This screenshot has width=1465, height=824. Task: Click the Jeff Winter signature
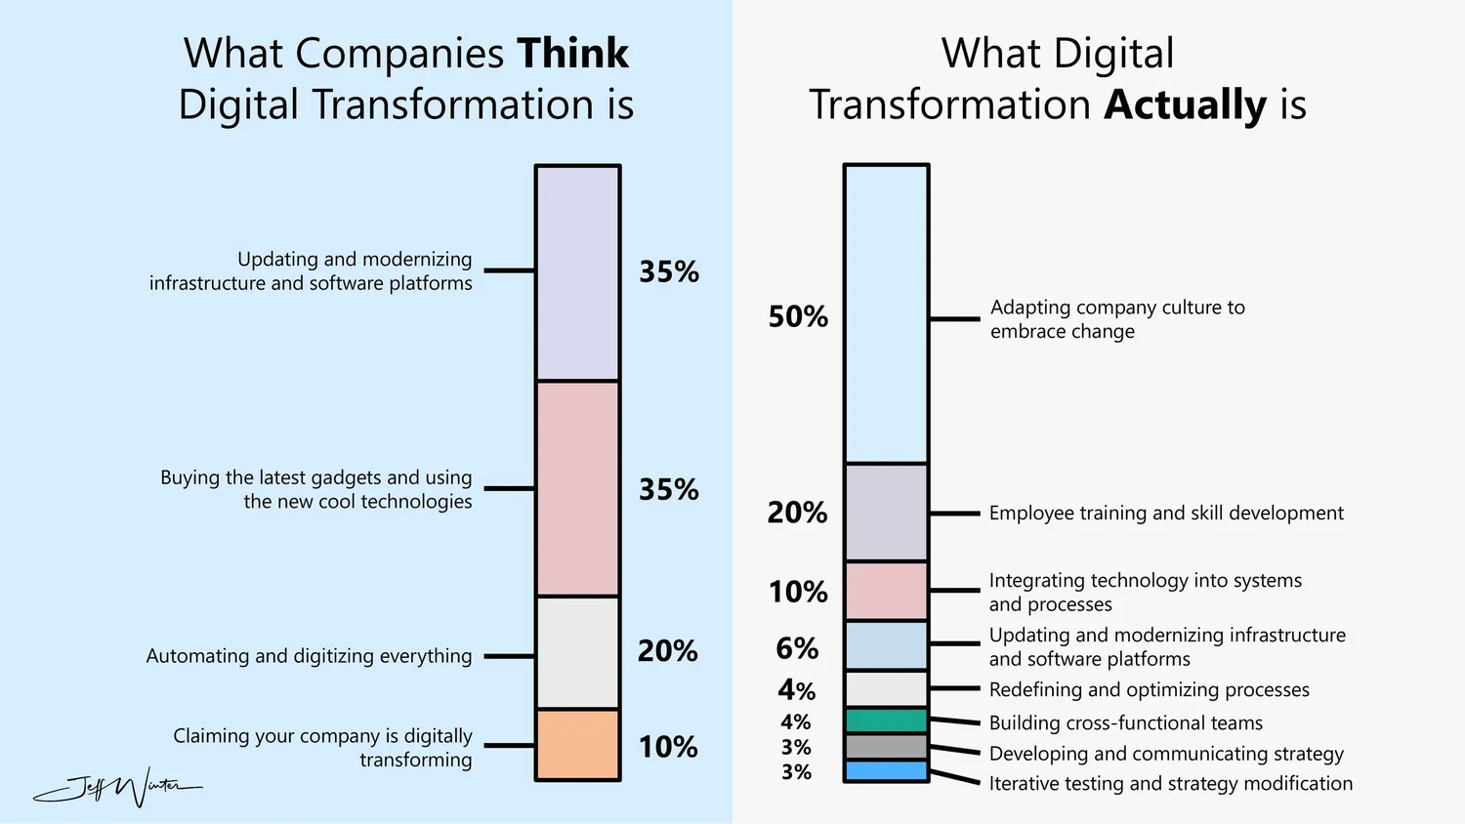pos(117,787)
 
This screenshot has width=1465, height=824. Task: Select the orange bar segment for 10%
pos(577,745)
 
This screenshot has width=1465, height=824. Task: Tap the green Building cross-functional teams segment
pos(886,721)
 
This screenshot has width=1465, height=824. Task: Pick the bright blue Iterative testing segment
pos(886,771)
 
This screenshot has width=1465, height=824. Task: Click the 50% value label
pos(797,316)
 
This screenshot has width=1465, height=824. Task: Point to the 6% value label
pos(797,648)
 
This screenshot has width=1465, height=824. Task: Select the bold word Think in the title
pos(573,53)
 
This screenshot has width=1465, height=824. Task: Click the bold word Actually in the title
pos(1185,104)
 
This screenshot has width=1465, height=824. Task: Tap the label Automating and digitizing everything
pos(309,656)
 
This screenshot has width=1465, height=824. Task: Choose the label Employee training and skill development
pos(1166,513)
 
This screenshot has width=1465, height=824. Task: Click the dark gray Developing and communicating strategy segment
pos(886,747)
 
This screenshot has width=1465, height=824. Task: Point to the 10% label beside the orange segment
pos(668,747)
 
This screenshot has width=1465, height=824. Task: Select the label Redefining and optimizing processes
pos(1149,689)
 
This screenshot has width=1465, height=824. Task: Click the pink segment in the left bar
pos(577,488)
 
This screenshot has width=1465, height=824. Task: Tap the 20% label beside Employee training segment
pos(797,513)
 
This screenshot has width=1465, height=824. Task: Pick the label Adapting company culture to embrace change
pos(1116,319)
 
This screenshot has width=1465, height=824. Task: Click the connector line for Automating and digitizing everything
pos(509,656)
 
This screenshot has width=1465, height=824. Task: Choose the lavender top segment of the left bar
pos(577,272)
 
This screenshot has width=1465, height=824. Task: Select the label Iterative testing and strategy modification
pos(1170,783)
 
